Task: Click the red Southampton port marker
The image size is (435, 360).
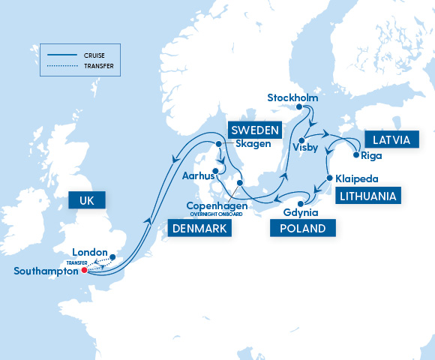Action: pos(84,271)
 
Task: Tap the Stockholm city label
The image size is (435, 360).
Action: pos(293,97)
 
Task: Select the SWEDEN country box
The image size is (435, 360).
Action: pos(254,129)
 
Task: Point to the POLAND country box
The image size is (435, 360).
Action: pos(302,228)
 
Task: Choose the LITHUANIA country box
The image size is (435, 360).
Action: pos(367,196)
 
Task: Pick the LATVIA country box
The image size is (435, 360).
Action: pos(388,139)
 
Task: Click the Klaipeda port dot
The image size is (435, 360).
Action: pos(329,178)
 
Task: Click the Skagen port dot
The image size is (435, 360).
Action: pos(219,144)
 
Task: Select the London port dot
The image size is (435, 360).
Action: pos(112,257)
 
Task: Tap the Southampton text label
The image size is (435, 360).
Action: pos(45,271)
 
